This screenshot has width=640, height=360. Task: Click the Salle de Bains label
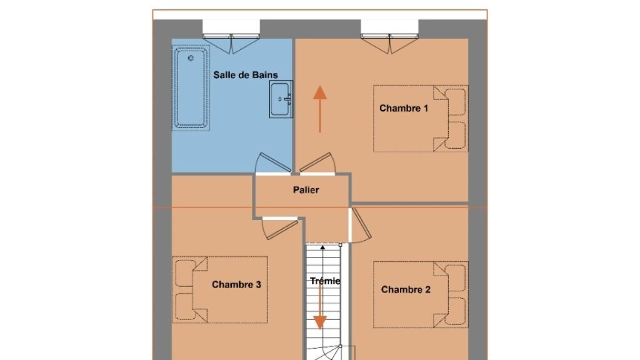click(245, 75)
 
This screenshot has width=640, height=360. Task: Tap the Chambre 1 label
click(404, 108)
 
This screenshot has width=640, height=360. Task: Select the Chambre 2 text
click(406, 289)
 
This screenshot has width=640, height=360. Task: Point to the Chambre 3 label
click(236, 284)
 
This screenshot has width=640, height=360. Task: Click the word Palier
click(306, 190)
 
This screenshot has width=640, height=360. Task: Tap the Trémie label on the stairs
click(325, 281)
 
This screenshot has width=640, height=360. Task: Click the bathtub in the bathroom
click(191, 87)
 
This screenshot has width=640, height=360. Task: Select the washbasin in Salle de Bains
click(281, 99)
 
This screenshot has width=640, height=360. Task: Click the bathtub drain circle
click(191, 58)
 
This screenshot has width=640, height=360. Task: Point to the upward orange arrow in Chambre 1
click(320, 109)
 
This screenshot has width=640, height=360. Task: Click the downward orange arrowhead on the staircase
click(320, 322)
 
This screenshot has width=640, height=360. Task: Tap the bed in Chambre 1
click(421, 118)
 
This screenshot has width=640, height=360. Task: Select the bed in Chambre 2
click(421, 295)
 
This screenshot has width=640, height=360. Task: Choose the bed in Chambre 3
click(220, 290)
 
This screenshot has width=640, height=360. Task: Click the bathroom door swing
click(272, 164)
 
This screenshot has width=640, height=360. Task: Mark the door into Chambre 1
click(317, 164)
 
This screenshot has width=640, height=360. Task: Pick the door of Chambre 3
click(279, 229)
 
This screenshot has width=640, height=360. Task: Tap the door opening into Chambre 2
click(360, 225)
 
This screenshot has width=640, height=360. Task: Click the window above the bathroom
click(231, 37)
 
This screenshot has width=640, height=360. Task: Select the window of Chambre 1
click(390, 37)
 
